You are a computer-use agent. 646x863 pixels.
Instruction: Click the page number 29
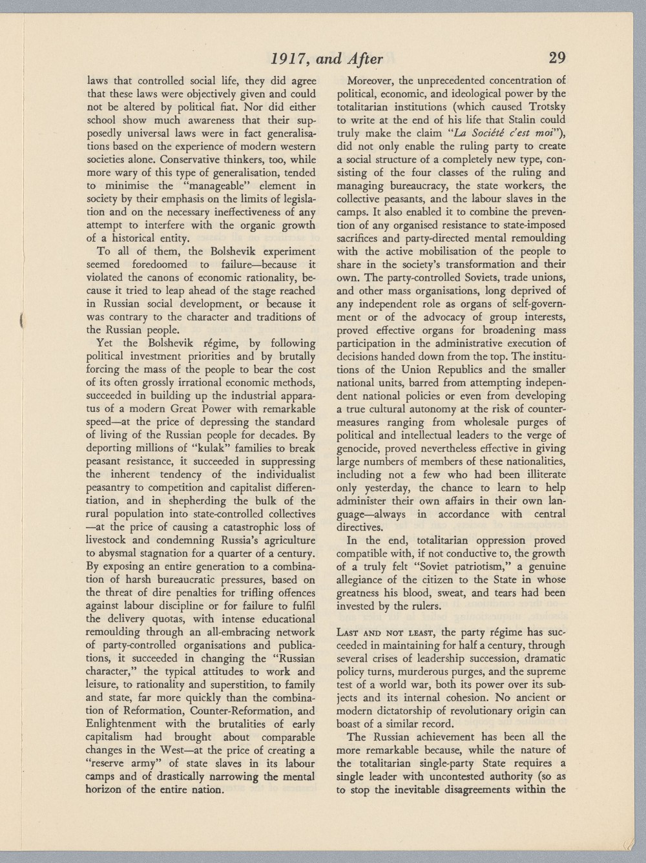(x=557, y=58)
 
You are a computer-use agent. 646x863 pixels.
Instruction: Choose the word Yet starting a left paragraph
(x=105, y=343)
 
